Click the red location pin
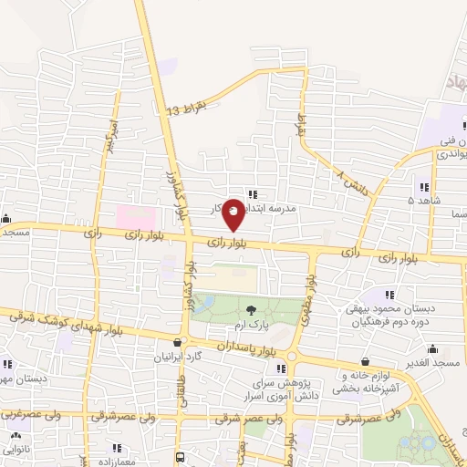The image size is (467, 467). point(233,213)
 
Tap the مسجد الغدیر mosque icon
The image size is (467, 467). point(433,348)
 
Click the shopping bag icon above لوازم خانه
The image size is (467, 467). point(365,362)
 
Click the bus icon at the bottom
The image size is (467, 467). point(181,456)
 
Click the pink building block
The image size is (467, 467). point(135,217)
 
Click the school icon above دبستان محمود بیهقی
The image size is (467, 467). point(389,294)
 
